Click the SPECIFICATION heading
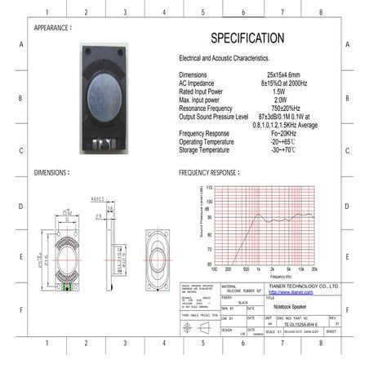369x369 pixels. (x=247, y=38)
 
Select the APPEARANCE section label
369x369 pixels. (x=58, y=28)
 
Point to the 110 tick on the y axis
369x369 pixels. (x=209, y=188)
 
